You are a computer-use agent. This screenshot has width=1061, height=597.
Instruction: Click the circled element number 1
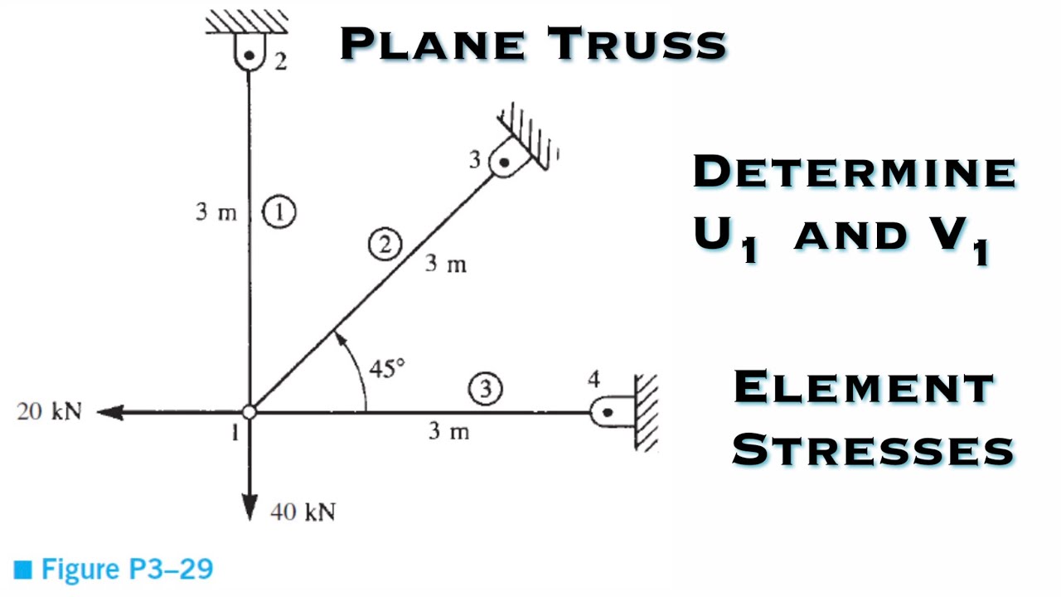coord(279,213)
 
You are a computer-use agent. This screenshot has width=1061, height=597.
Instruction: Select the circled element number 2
coord(385,244)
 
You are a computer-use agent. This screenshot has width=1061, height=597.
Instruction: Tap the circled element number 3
coord(486,388)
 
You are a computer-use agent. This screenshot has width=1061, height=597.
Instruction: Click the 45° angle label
coord(387,368)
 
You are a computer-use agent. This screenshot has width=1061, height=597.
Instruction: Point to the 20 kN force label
coord(49,411)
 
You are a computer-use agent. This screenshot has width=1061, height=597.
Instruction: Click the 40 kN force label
coord(303,512)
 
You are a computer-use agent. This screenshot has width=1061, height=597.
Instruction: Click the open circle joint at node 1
coord(250,412)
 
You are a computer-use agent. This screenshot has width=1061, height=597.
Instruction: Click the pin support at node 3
coord(503,162)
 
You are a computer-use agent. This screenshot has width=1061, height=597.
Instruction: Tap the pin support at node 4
coord(608,412)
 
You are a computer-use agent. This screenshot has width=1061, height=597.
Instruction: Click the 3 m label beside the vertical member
coord(216,212)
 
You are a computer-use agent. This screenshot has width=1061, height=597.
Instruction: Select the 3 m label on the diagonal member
coord(446,265)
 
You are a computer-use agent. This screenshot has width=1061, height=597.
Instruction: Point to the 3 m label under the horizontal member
coord(448,431)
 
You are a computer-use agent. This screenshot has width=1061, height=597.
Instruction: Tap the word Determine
coord(854,172)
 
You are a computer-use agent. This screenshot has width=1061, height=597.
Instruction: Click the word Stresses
coord(873,450)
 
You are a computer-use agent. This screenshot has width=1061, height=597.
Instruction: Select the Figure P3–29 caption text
coord(127,570)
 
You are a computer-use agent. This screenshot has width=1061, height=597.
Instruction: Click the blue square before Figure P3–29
coord(23,570)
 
